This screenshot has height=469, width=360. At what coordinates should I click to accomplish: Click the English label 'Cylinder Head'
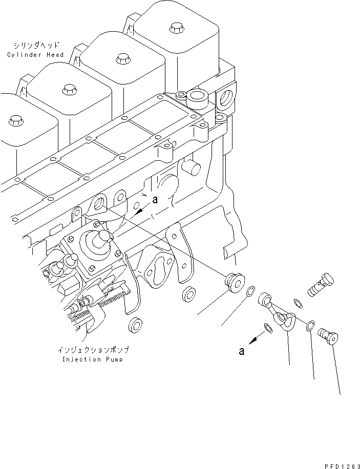35,55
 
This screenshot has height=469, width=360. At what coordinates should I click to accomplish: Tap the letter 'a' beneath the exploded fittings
242,351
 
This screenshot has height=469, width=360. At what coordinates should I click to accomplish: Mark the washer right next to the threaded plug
250,292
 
